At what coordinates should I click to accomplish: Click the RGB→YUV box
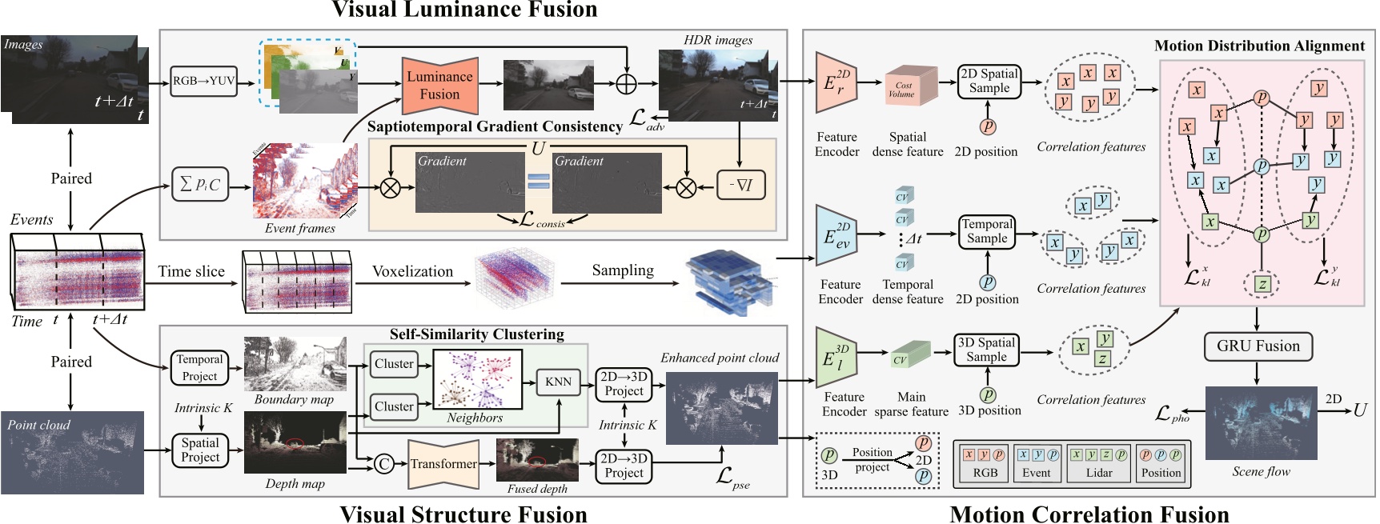(204, 81)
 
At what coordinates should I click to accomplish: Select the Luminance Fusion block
(439, 85)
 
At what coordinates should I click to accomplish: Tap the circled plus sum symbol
(626, 83)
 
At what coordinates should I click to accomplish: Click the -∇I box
(740, 186)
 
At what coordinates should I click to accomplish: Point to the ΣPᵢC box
(200, 185)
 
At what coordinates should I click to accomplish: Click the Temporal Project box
(200, 368)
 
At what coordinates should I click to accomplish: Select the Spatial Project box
(200, 450)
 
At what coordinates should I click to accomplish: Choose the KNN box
(558, 382)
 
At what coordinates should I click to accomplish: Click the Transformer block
(443, 464)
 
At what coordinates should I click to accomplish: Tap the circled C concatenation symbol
(384, 463)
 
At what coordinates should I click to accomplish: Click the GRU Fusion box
(1258, 346)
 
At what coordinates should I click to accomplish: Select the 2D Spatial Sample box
(989, 82)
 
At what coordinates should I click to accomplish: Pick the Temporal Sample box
(987, 232)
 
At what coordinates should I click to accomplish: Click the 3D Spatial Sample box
(986, 350)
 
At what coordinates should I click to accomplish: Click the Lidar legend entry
(1099, 465)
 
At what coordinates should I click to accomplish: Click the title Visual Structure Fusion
(463, 514)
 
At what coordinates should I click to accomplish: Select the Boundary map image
(295, 364)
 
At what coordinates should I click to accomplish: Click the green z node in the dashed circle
(1262, 283)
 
